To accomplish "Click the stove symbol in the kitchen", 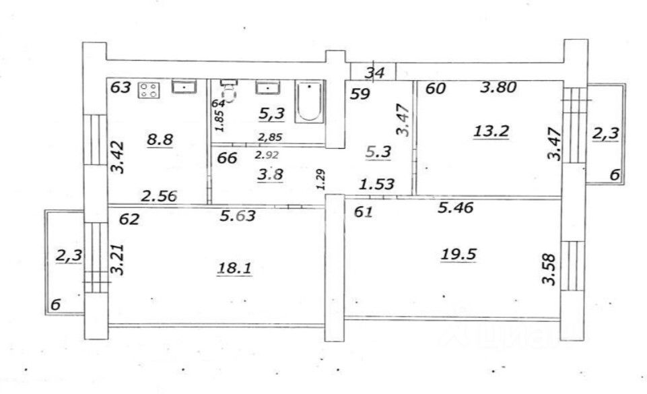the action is pos(148,90).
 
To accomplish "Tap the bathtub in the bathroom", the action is pos(310,102).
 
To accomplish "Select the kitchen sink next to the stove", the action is pos(184,87).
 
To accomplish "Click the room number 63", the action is pos(121,88).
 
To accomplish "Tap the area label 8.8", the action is pos(160,140).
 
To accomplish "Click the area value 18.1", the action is pos(234,269).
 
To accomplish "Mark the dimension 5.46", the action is pos(456,208).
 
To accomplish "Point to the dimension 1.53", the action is pos(376,184).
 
